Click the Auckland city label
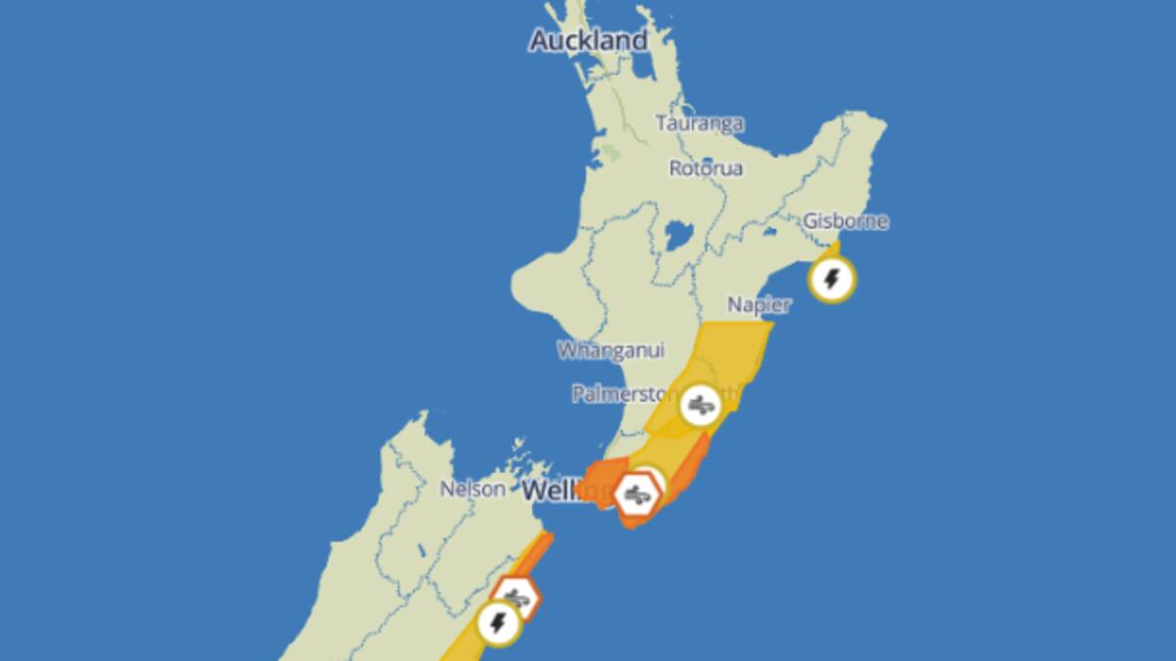tap(588, 40)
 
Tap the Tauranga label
tap(700, 124)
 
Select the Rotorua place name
tap(706, 168)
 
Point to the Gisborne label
tap(846, 221)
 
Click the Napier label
tap(759, 305)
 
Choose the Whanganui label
tap(611, 350)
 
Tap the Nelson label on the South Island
tap(473, 488)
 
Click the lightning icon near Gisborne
tap(832, 280)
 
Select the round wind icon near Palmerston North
tap(700, 403)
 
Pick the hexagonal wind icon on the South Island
tap(514, 596)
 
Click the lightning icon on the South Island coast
tap(498, 622)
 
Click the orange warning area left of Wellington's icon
tap(600, 477)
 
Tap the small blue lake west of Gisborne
tap(769, 233)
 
